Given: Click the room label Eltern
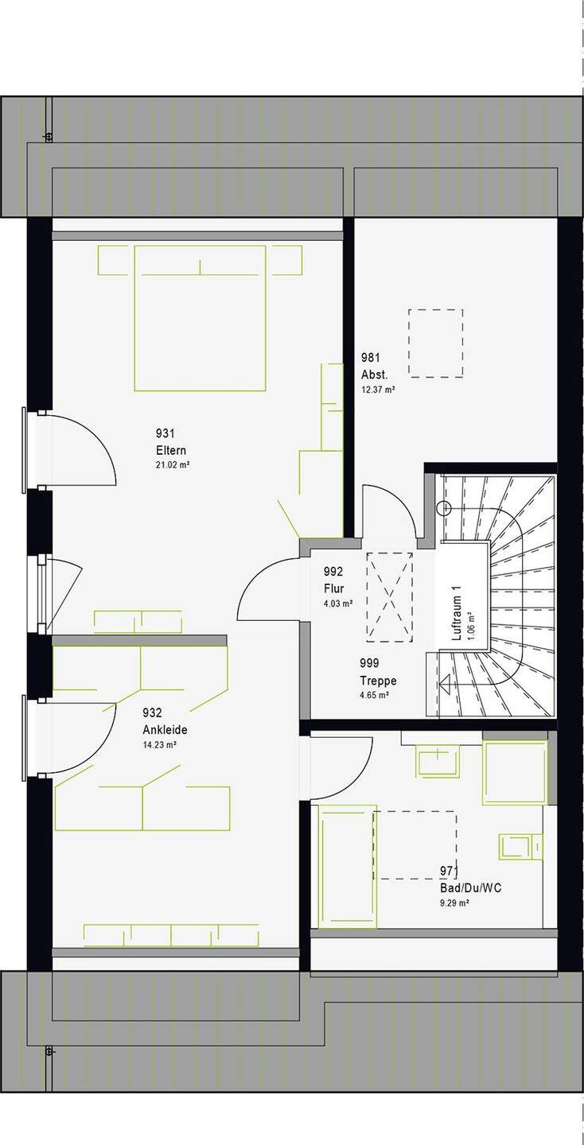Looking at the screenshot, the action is click(x=171, y=450).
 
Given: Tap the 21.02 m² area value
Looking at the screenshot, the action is click(x=173, y=465).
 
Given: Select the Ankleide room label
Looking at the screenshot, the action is click(x=165, y=730).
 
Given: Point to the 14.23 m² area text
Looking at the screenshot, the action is click(x=160, y=745).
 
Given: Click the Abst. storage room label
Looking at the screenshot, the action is click(x=374, y=375).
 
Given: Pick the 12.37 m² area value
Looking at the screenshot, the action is click(x=378, y=390).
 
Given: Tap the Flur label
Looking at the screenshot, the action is click(x=333, y=588).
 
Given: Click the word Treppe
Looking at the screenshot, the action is click(x=378, y=681).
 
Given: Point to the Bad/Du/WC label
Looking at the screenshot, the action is click(x=470, y=887).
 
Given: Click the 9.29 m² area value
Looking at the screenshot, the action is click(x=454, y=902).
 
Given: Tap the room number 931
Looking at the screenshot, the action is click(x=165, y=433).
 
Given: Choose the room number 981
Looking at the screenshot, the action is click(x=371, y=358).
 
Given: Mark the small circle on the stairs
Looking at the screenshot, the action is click(x=445, y=508).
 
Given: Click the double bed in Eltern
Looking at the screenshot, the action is click(x=200, y=318).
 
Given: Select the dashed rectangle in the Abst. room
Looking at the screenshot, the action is click(x=435, y=343).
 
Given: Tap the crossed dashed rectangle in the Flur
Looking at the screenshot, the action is click(x=390, y=597).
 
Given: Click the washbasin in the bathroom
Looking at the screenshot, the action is click(x=438, y=762).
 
